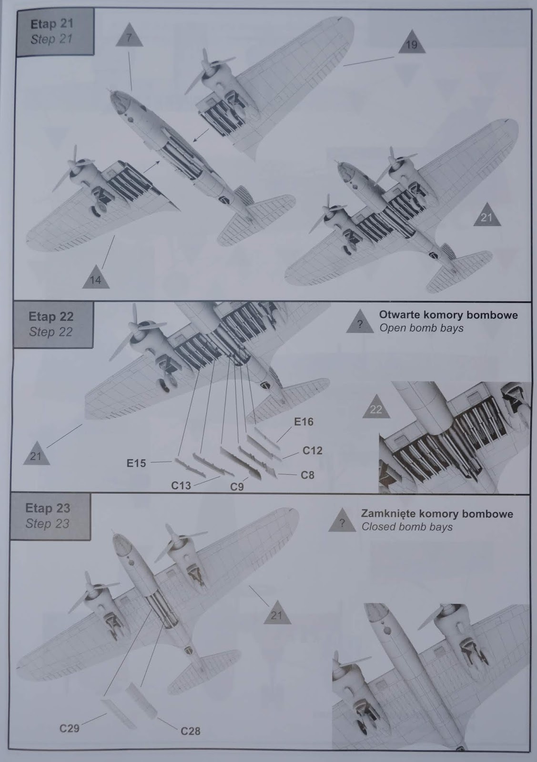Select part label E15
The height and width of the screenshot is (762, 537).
(x=136, y=462)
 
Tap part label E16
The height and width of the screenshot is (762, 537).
(x=304, y=422)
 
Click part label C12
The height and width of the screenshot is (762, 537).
(x=313, y=450)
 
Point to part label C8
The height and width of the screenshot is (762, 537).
(x=307, y=475)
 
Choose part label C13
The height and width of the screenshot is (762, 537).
(x=181, y=485)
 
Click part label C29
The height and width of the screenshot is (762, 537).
(x=70, y=728)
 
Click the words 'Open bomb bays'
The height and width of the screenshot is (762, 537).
(x=421, y=328)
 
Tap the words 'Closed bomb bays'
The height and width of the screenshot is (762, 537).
(x=407, y=527)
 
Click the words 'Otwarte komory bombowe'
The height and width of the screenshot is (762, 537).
(x=448, y=315)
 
